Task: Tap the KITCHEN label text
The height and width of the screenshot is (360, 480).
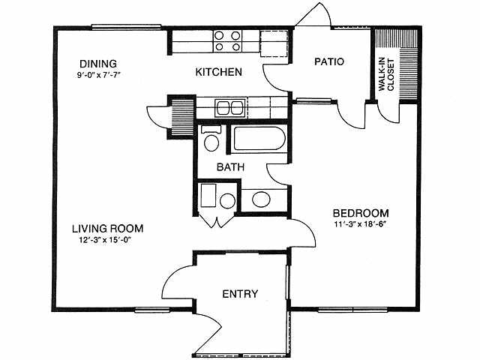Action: point(218,73)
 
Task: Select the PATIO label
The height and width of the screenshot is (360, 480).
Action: point(328,62)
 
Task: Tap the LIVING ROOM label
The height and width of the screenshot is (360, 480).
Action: point(108,228)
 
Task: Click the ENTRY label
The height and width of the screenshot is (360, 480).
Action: point(240,293)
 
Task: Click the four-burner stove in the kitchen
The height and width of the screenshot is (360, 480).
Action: point(227,40)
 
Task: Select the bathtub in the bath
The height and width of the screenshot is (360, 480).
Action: point(257,139)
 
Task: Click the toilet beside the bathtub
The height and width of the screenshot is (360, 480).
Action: point(210,139)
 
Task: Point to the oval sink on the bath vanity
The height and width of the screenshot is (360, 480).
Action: point(260,199)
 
